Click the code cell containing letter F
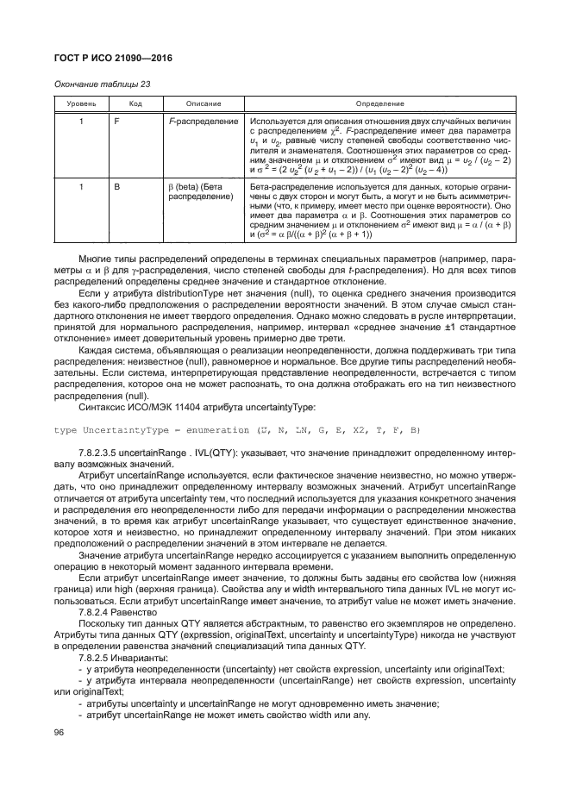(116, 122)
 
